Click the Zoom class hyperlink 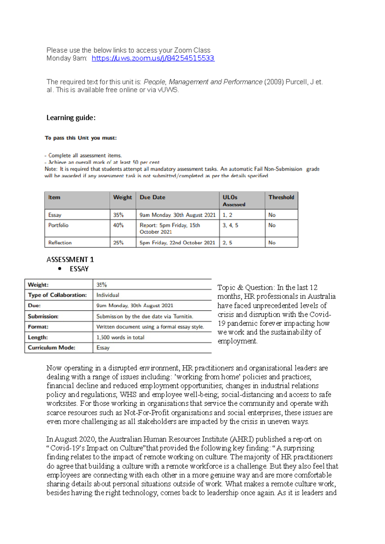(x=153, y=58)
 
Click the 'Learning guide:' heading (x=71, y=118)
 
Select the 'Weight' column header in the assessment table (x=122, y=197)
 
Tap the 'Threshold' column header (x=281, y=197)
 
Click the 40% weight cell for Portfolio (x=118, y=225)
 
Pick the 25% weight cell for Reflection (x=118, y=243)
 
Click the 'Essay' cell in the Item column (x=55, y=215)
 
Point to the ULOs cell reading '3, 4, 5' (x=230, y=225)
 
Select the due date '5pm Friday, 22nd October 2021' (x=177, y=243)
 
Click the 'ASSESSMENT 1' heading (x=70, y=260)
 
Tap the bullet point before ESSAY (x=60, y=269)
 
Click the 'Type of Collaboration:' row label (x=57, y=295)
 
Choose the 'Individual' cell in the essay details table (x=107, y=295)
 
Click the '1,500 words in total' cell (x=120, y=337)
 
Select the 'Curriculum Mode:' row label (x=51, y=348)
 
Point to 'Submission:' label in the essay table (x=43, y=317)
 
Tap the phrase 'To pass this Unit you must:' (x=81, y=138)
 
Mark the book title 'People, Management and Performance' (x=203, y=82)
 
